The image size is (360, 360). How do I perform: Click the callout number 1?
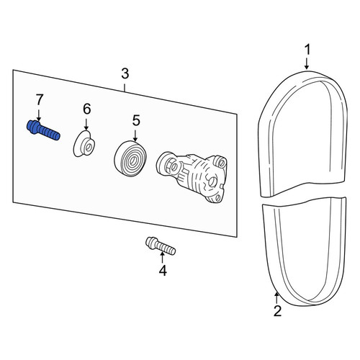[307, 50]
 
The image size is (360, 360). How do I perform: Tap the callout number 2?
[277, 311]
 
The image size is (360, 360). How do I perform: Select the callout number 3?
[125, 73]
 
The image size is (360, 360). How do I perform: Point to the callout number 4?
[163, 271]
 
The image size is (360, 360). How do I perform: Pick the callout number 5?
[136, 120]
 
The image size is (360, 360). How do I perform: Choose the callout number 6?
[86, 109]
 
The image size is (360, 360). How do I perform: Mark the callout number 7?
[40, 99]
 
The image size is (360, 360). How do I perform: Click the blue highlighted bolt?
[43, 130]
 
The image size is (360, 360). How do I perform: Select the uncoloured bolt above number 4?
[161, 246]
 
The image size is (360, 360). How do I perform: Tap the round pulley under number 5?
[131, 158]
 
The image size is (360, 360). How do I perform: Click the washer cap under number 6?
[84, 144]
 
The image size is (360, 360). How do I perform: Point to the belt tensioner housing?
[192, 176]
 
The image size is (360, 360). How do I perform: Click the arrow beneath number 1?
[307, 63]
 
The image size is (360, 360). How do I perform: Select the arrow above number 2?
[276, 297]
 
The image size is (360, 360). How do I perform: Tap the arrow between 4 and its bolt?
[163, 258]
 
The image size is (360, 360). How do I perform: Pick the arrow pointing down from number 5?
[135, 135]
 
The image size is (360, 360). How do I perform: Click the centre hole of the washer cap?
[89, 148]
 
